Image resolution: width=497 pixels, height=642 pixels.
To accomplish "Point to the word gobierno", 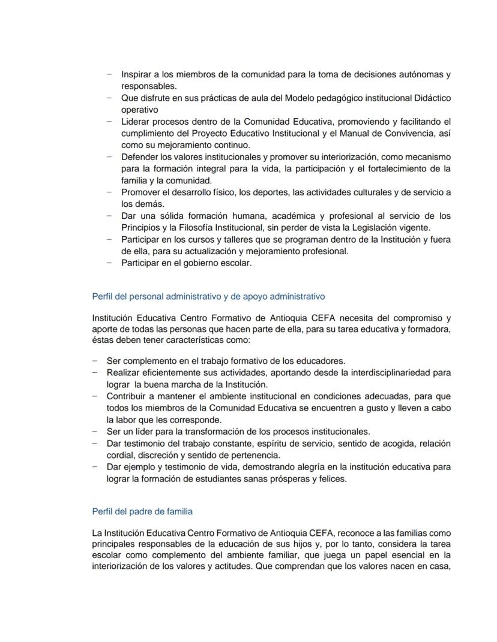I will (192, 263).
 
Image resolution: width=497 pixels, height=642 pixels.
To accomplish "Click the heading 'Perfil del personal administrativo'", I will (208, 296).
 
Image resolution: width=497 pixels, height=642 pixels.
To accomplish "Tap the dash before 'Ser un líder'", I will (95, 432).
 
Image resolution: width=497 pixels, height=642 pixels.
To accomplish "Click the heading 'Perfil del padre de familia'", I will (142, 512).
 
